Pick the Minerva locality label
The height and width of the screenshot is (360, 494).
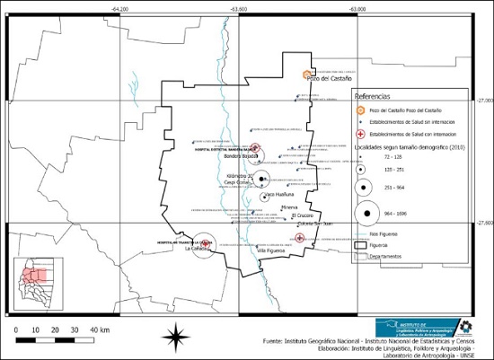click(x=288, y=207)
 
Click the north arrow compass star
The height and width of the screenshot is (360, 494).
click(x=174, y=338)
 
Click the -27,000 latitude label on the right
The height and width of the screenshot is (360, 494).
click(x=484, y=101)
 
